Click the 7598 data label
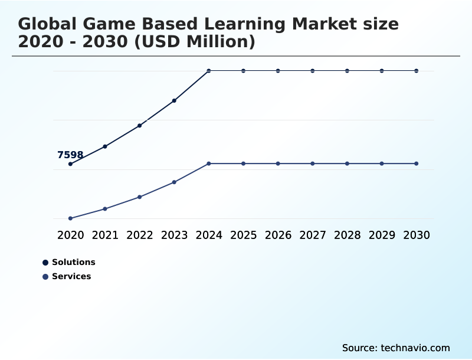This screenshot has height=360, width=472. [70, 155]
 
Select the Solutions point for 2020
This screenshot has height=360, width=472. [70, 164]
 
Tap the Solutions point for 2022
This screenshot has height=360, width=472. [140, 126]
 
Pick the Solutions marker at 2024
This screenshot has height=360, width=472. [209, 71]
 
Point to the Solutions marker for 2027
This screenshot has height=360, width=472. [313, 71]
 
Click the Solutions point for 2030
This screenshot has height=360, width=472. [417, 71]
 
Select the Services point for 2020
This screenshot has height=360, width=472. [70, 218]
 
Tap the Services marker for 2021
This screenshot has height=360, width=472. [105, 209]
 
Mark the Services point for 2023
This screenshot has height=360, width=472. [174, 182]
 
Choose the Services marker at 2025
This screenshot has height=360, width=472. [243, 163]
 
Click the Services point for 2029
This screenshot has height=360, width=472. [382, 163]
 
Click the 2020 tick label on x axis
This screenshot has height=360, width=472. [70, 235]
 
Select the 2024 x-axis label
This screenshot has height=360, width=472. [209, 235]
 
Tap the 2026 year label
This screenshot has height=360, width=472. [278, 235]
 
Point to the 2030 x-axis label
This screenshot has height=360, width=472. [417, 235]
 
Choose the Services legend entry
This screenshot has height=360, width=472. [67, 277]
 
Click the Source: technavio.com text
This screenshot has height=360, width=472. [396, 348]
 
